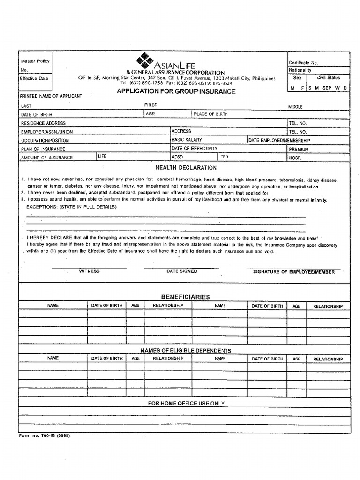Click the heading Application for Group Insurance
click(x=176, y=91)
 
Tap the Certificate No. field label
click(x=303, y=62)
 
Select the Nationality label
click(x=300, y=70)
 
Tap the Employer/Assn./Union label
click(x=47, y=132)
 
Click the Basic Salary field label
click(x=187, y=140)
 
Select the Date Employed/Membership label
click(x=279, y=140)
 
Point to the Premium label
click(x=299, y=149)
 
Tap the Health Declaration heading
click(x=186, y=168)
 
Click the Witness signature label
click(x=89, y=271)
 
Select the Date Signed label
click(x=182, y=271)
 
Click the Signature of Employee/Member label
click(x=294, y=272)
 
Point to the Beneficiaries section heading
click(x=185, y=297)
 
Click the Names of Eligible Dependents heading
click(x=186, y=351)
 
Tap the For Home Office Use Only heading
click(x=186, y=403)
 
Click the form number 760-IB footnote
click(x=45, y=435)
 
